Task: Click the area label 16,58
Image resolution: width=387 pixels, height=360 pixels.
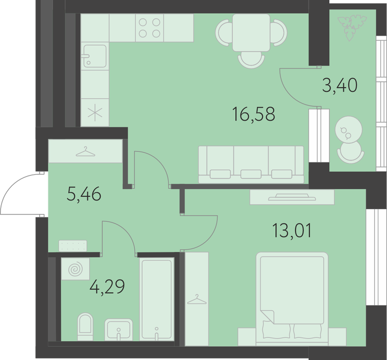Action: point(254,114)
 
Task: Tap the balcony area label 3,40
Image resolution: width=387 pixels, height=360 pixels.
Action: point(340,85)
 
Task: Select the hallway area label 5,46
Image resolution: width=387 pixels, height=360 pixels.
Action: point(84,194)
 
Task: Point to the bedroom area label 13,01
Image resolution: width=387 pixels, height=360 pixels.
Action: point(292,230)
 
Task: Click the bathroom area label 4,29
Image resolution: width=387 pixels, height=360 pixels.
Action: point(108,287)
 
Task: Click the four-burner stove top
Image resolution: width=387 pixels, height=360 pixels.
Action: point(149,28)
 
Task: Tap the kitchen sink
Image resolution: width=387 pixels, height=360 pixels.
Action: point(95,56)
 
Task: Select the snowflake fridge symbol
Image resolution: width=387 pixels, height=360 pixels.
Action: point(95,113)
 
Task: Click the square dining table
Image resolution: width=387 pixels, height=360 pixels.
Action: point(251,32)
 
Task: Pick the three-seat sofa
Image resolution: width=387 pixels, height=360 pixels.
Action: point(251,165)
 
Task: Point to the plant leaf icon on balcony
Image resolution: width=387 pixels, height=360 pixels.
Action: point(351,28)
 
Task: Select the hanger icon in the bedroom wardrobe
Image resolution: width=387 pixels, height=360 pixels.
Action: point(197,299)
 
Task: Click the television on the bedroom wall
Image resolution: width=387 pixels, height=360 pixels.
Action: point(292,197)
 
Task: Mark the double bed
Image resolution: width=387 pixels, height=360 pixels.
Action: point(292,299)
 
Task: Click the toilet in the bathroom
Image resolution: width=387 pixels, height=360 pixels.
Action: point(85,327)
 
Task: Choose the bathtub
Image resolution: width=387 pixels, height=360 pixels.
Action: point(156,299)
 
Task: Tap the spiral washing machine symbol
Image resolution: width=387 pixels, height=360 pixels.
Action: point(75,269)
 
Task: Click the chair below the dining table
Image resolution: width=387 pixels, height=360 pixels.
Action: point(251,60)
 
